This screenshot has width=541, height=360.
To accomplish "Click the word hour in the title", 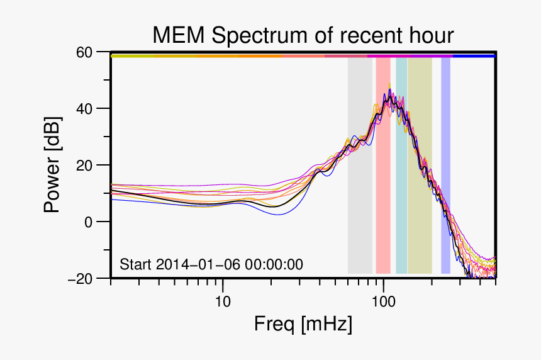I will click(431, 36).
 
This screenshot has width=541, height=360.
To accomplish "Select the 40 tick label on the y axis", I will click(85, 109).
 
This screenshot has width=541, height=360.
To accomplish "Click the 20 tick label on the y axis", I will click(85, 166).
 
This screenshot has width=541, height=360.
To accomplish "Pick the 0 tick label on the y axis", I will click(89, 222).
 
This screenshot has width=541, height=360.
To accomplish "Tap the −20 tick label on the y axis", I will click(81, 279).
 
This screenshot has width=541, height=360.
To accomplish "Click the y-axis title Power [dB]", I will click(53, 165).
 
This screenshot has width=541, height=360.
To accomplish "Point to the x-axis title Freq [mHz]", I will click(303, 325).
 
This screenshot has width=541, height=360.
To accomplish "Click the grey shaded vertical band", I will click(359, 189).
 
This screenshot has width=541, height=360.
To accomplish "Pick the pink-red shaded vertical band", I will click(382, 189).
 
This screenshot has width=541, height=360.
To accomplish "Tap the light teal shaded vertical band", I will click(401, 189).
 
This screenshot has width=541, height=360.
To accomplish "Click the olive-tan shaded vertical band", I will click(419, 189).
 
